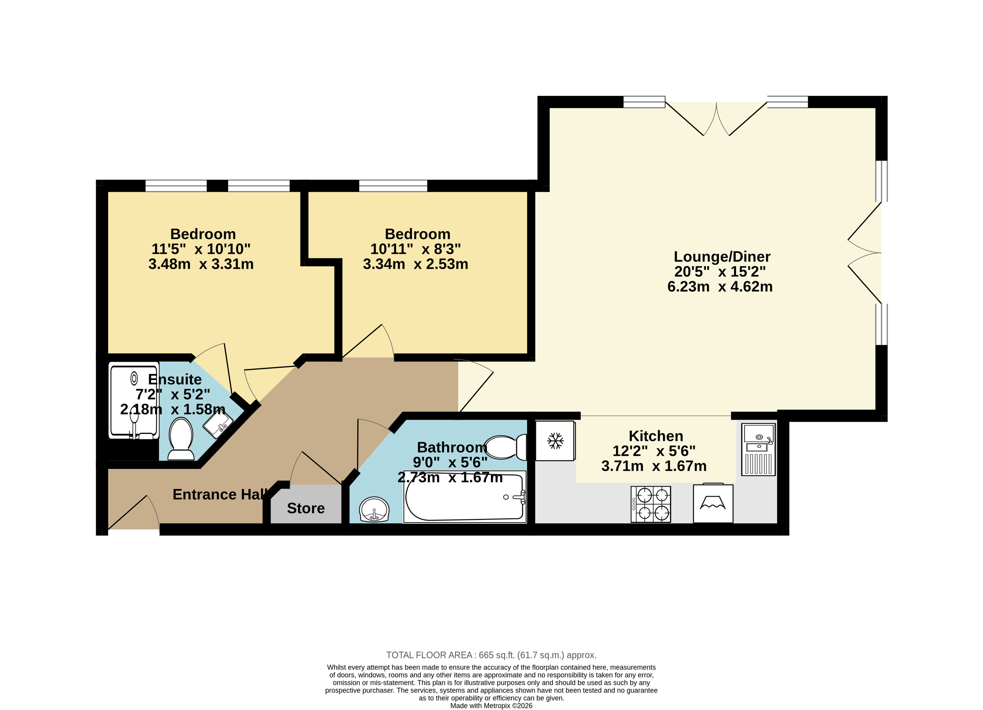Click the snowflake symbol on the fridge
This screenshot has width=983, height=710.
coord(555,441)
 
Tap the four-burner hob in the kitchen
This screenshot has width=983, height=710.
coord(651,504)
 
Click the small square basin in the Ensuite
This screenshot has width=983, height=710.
coord(218,424)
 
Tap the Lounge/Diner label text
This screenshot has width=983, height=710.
coord(722,257)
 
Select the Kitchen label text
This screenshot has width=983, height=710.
coord(656,436)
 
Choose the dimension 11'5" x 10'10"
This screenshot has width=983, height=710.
coord(201,249)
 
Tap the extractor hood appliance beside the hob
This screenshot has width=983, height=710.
coord(713,503)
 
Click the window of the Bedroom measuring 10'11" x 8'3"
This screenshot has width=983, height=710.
coord(393,186)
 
